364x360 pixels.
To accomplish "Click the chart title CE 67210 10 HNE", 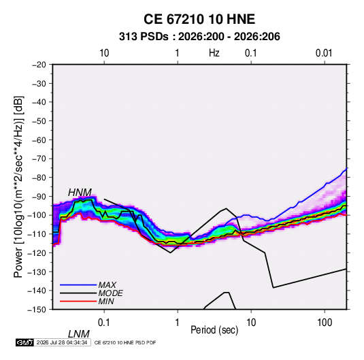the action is [x=199, y=19].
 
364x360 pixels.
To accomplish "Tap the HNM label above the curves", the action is [x=80, y=193].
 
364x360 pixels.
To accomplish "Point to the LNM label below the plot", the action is [x=78, y=334].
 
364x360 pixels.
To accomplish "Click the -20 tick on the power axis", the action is [x=39, y=65].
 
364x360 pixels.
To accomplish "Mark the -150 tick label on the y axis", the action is [x=37, y=310].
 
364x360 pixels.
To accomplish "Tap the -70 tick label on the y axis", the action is [x=39, y=159].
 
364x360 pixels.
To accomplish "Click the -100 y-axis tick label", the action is [x=37, y=215].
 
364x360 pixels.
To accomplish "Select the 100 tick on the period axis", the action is [x=325, y=323].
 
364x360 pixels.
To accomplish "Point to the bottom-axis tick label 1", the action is [x=178, y=323].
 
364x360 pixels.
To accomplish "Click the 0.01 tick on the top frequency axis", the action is [x=324, y=53].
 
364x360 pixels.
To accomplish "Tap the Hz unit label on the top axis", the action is [x=214, y=53].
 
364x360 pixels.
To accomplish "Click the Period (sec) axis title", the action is [x=214, y=330].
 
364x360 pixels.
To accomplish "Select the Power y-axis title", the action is [x=18, y=187].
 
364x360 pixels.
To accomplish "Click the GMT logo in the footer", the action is [x=24, y=342].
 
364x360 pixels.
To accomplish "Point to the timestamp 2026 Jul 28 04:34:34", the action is [x=62, y=342].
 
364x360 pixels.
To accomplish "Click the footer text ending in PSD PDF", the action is [x=125, y=342].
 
